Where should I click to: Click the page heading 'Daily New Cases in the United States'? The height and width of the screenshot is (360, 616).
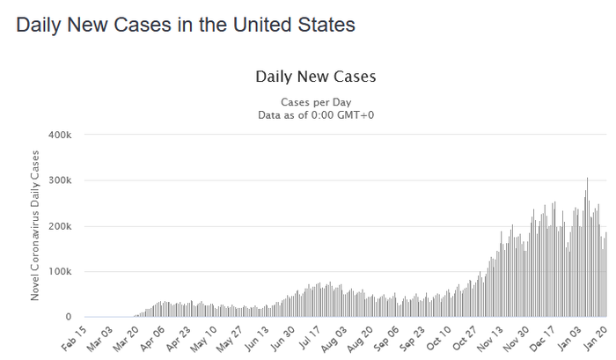186,26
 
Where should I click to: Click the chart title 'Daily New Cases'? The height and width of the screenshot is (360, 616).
315,77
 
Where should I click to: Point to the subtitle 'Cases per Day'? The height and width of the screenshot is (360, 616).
315,102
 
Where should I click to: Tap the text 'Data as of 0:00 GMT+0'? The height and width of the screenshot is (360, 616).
315,114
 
